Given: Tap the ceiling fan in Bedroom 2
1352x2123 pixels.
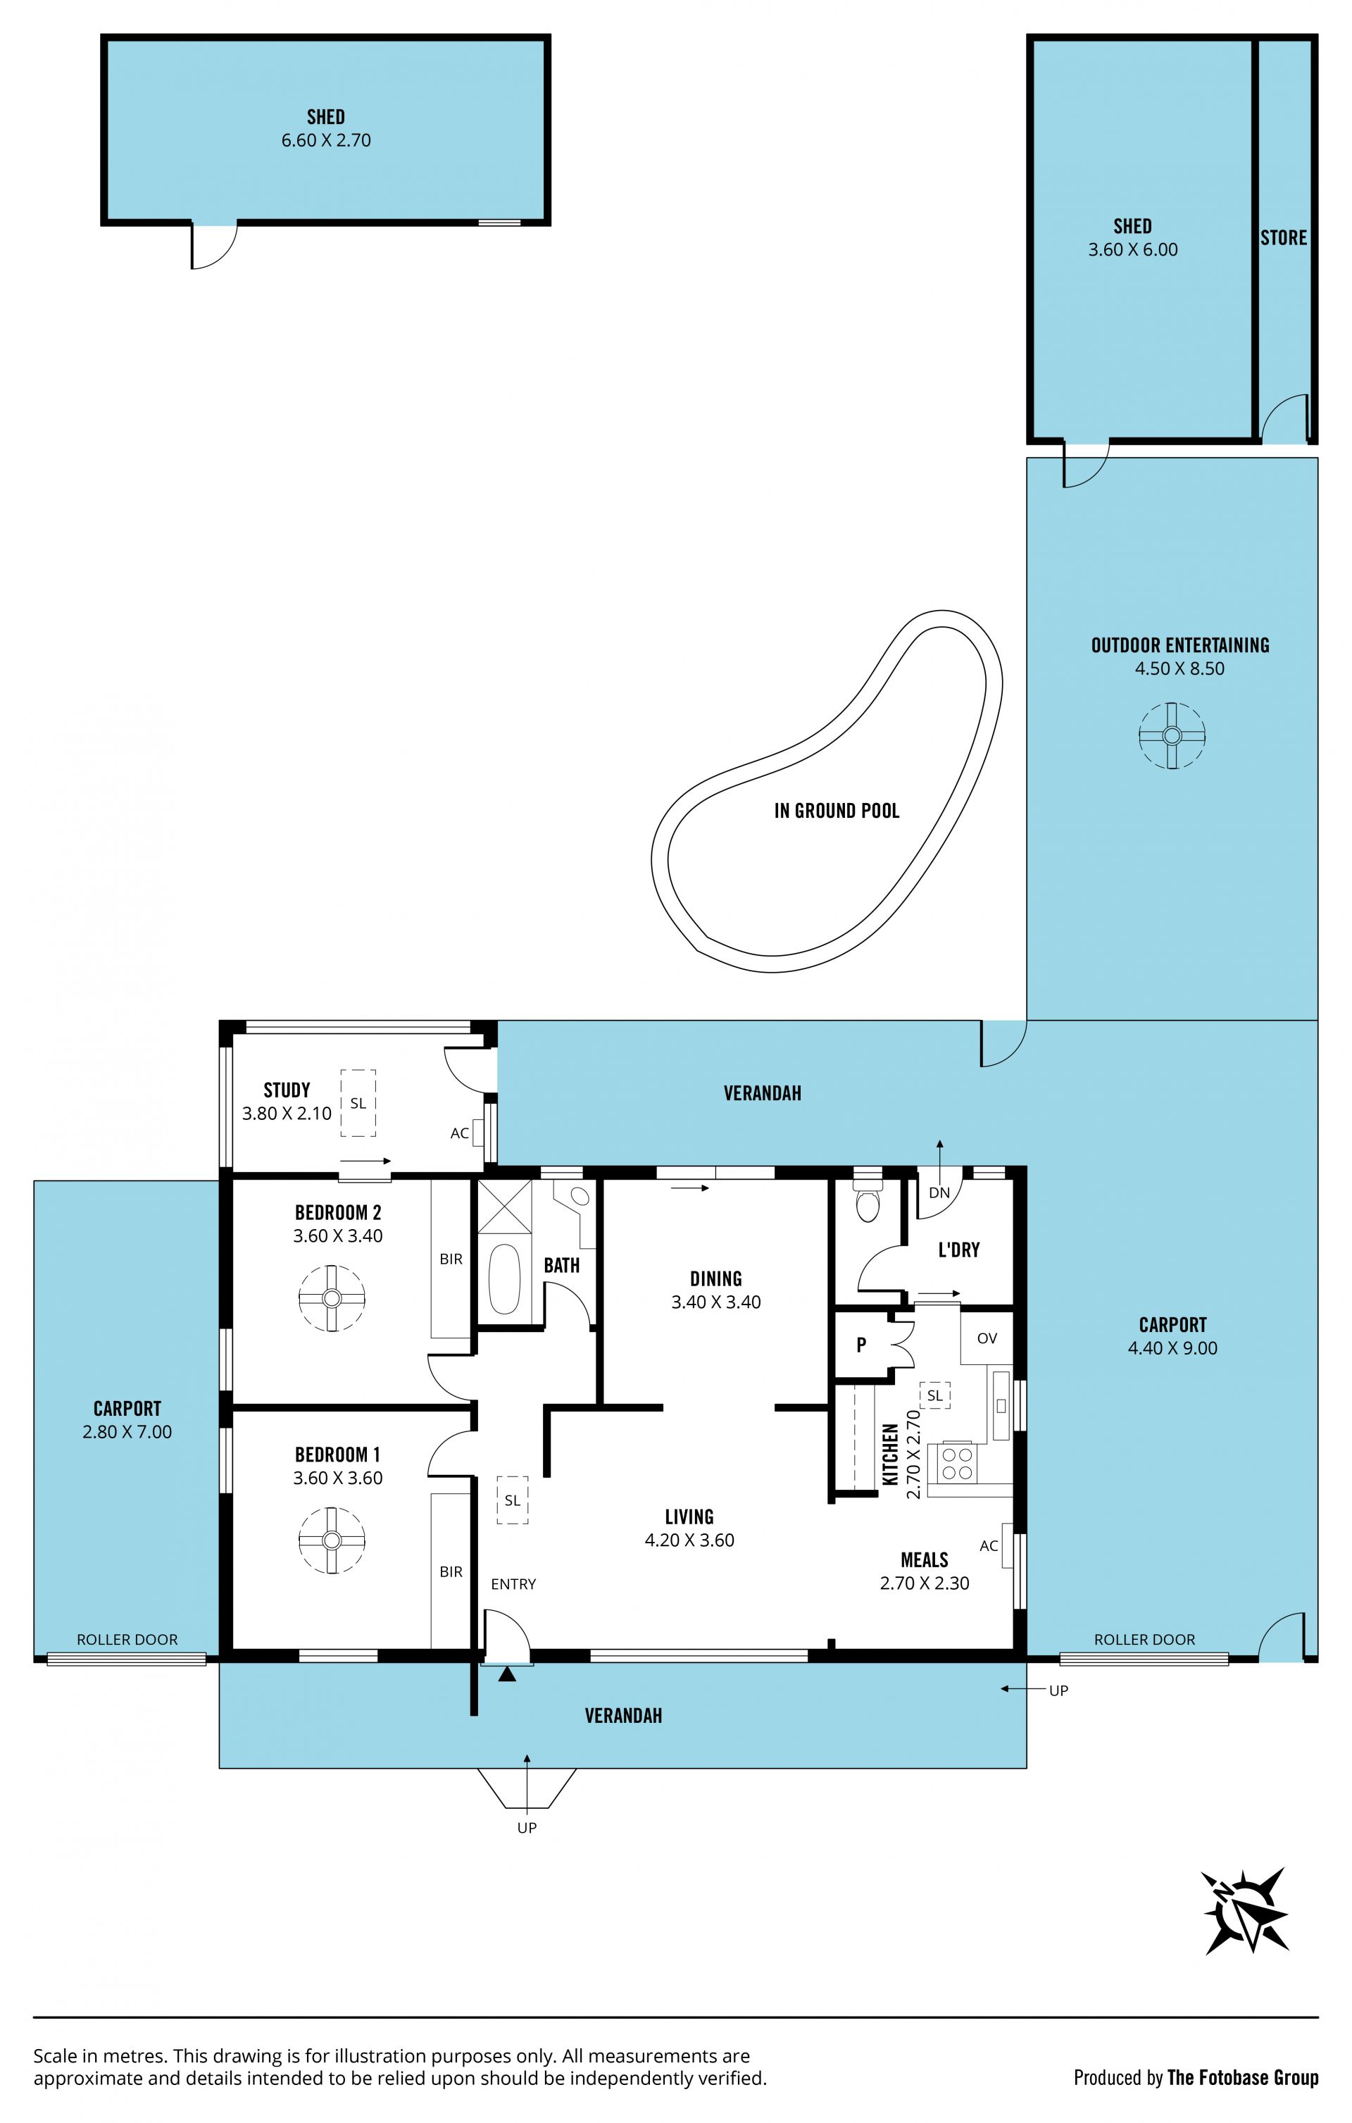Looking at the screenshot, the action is (332, 1297).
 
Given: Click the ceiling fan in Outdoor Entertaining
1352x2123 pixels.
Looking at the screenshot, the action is (1171, 735).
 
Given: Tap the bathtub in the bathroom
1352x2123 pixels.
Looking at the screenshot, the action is (504, 1278).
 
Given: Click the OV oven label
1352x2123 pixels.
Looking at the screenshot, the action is (987, 1338).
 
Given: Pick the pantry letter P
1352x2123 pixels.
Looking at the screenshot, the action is (861, 1345).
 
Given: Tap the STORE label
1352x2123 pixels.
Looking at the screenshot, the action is (1283, 237).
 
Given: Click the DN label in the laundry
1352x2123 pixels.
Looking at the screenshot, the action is (939, 1193).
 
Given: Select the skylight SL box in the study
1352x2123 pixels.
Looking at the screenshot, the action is (358, 1103).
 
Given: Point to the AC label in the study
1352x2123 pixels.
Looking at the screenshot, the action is (459, 1133).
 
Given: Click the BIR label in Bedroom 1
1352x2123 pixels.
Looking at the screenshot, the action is (451, 1571).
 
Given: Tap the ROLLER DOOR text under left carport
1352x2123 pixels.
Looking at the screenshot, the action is (127, 1639).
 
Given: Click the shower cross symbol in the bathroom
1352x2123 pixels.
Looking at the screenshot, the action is (505, 1206).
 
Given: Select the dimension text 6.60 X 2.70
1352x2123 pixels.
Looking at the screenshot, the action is (326, 140).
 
